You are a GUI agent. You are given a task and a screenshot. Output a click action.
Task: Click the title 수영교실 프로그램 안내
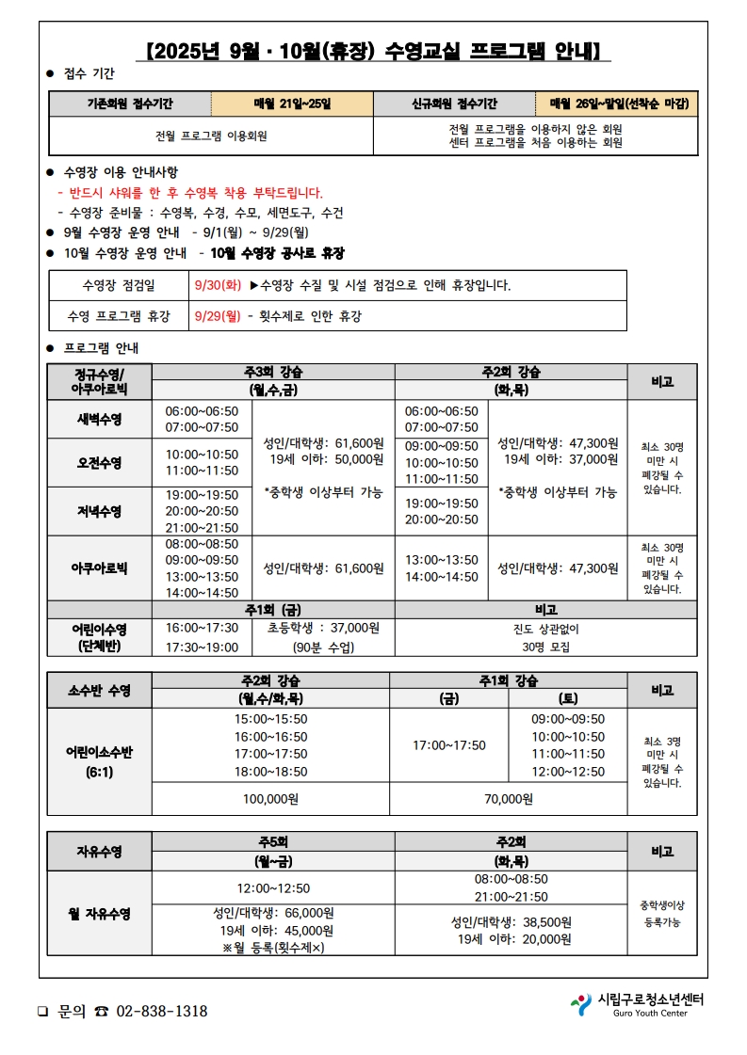coord(375,50)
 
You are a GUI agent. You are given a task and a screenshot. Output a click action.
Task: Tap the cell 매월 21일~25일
coord(292,104)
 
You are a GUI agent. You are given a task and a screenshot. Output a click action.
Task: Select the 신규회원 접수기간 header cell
coord(454,104)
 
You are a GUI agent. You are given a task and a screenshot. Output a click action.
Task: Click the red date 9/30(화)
coord(218,285)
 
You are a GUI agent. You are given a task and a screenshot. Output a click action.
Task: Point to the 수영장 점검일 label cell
coord(120,285)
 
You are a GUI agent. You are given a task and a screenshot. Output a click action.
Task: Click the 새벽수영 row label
coord(100,419)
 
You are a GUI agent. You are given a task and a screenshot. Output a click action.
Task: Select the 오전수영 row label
coord(100,462)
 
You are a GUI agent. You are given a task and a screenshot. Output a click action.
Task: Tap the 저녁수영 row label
coord(100,511)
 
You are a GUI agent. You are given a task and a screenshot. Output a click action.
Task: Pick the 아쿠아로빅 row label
coord(100,567)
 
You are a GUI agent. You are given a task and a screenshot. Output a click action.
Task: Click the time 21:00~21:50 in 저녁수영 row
coord(202,527)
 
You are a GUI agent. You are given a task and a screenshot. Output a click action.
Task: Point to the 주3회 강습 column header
coord(273,372)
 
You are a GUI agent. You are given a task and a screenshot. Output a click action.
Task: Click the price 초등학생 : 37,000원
coord(323,627)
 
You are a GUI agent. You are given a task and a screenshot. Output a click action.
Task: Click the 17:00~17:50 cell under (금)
coord(449,744)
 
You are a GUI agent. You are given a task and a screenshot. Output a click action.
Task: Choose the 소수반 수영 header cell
coord(100,690)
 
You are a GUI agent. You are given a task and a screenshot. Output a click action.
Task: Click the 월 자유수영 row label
coord(100,913)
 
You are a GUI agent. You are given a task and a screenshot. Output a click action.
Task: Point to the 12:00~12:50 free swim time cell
coord(272,887)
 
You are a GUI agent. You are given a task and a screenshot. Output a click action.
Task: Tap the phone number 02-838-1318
coord(162,1011)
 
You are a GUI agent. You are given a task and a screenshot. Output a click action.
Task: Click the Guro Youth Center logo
coord(639,1004)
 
